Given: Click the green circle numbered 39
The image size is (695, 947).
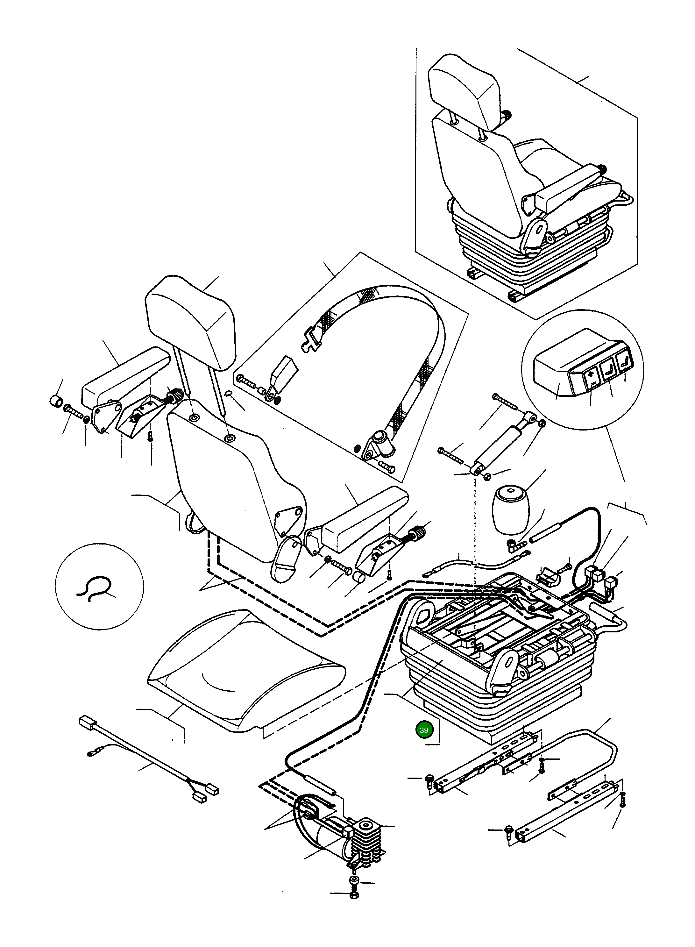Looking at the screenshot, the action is click(x=424, y=730).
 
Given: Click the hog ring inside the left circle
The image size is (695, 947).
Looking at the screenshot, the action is click(x=94, y=586).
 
